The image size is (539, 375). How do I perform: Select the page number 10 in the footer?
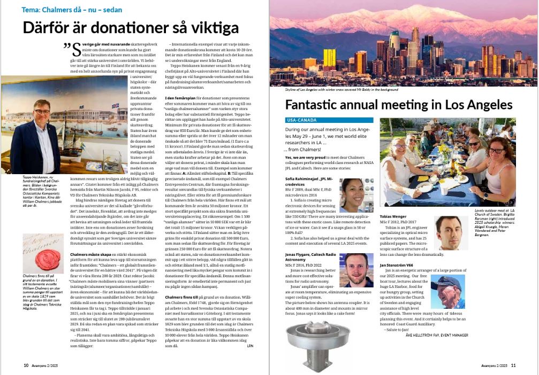(x=26, y=366)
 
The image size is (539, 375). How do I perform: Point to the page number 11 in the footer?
(x=513, y=366)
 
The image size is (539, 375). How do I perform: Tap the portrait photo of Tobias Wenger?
(x=449, y=233)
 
